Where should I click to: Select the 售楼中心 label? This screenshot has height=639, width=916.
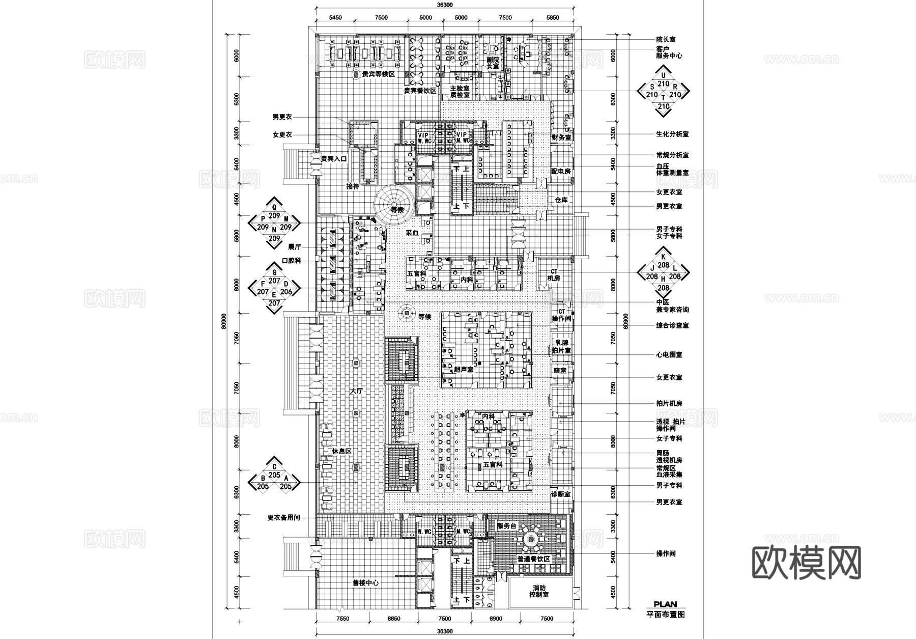(x=365, y=583)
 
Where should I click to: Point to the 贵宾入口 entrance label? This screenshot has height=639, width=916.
(x=333, y=159)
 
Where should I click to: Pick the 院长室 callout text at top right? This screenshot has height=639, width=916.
(x=666, y=39)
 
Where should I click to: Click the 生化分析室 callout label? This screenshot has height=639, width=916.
(x=672, y=134)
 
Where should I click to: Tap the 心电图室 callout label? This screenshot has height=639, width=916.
(x=669, y=354)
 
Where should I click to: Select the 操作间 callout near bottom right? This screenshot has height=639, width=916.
(x=666, y=553)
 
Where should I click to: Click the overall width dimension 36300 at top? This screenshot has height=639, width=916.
(x=444, y=5)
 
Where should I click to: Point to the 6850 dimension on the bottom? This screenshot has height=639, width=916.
(x=393, y=619)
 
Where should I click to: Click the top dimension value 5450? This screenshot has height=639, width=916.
(x=335, y=18)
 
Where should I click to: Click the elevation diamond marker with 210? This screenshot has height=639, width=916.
(x=663, y=91)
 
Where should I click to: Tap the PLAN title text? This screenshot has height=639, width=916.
(x=665, y=604)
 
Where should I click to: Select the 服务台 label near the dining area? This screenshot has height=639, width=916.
(x=506, y=526)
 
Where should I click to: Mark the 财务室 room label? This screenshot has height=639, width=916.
(x=561, y=137)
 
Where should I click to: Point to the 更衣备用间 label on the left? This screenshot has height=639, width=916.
(x=283, y=517)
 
